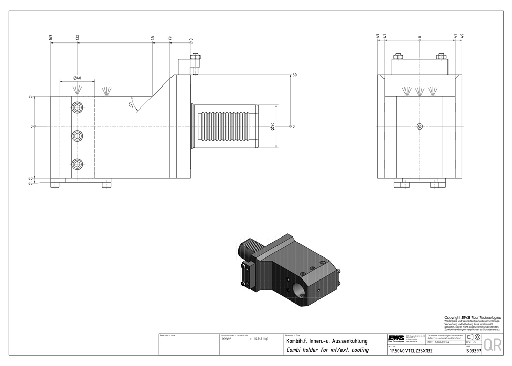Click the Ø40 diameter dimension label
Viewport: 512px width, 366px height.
point(77,78)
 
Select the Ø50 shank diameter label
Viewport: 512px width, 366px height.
point(273,126)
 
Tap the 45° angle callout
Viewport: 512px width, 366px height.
point(131,105)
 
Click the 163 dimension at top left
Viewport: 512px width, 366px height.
point(51,38)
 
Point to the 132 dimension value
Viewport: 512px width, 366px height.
point(77,38)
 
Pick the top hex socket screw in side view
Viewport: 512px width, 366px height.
point(77,106)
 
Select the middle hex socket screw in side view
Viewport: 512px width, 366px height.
point(77,135)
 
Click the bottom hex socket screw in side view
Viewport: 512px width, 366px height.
point(77,164)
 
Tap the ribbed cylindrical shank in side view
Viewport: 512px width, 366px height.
point(225,126)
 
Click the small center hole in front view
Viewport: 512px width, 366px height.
point(420,126)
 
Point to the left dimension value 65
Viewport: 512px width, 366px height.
point(31,183)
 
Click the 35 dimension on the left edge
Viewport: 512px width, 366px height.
point(31,96)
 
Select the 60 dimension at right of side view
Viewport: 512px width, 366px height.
point(294,75)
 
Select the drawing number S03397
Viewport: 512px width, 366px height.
point(474,352)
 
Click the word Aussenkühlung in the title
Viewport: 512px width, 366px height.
point(348,340)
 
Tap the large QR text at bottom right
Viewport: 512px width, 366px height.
point(492,345)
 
